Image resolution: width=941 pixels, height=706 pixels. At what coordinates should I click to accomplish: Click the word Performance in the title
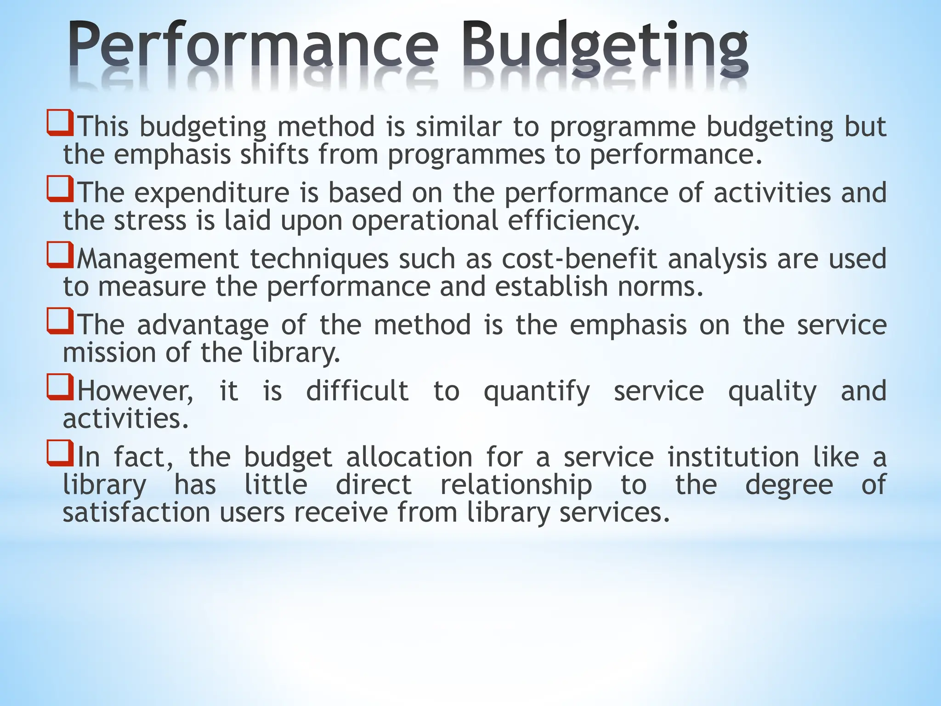(x=253, y=48)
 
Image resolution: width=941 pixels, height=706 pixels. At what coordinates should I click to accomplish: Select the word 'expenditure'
(x=212, y=193)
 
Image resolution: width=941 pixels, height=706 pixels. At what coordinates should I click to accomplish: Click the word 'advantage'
(x=203, y=325)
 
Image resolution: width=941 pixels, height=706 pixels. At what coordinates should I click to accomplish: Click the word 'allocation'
(x=409, y=458)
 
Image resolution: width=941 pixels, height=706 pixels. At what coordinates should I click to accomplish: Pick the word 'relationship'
(x=516, y=485)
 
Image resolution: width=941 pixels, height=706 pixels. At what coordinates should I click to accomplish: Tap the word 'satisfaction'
(x=136, y=513)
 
